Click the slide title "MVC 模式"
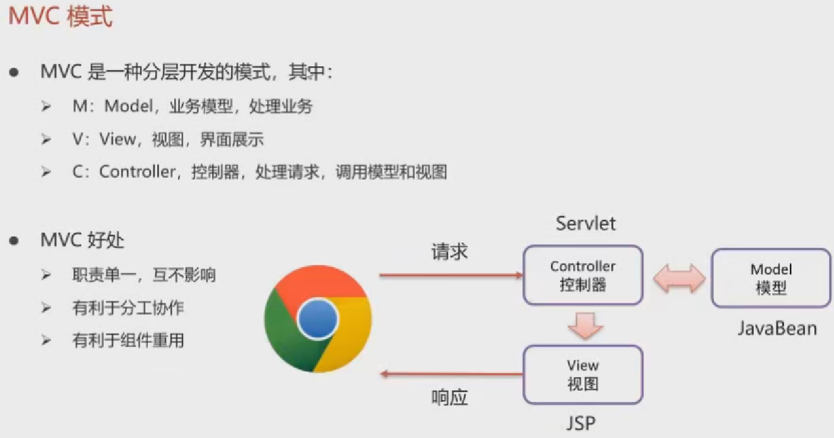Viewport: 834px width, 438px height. tap(61, 17)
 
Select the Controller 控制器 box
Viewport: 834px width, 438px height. tap(583, 276)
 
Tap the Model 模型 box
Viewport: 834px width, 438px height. tap(770, 278)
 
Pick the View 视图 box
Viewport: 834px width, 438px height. tap(583, 374)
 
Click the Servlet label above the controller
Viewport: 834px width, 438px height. tap(585, 223)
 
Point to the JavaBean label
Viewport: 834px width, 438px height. tap(777, 328)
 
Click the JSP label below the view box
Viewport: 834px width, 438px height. tap(581, 423)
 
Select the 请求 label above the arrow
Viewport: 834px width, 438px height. tap(450, 252)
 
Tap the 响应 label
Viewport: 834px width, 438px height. tap(450, 398)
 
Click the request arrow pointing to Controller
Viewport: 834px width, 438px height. tap(451, 276)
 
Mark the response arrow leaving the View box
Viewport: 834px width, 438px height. tap(451, 374)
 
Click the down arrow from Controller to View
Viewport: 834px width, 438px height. tap(585, 325)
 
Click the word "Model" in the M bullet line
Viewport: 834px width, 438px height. tap(129, 106)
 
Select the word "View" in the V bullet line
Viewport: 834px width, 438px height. tap(117, 139)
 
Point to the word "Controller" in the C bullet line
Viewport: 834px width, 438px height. tap(136, 172)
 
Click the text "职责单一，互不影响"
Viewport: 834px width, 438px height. tap(144, 275)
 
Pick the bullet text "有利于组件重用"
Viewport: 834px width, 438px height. tap(128, 341)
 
